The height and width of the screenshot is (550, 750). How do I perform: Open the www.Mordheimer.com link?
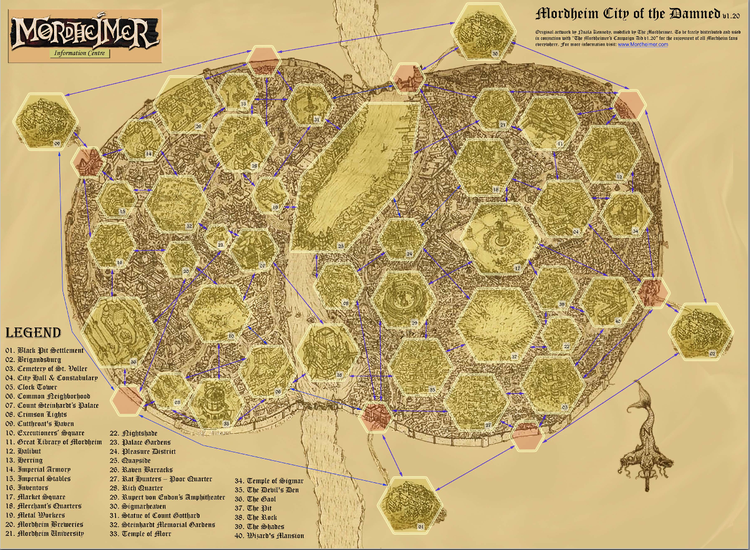643,45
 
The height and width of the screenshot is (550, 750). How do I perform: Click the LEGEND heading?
33,333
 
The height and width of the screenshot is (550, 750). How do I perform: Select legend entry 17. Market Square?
36,497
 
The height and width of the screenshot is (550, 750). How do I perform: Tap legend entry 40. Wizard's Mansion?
269,536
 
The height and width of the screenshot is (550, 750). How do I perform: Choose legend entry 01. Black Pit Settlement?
45,351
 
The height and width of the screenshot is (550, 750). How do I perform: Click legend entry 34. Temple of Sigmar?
269,481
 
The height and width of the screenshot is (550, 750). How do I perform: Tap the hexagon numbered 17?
499,239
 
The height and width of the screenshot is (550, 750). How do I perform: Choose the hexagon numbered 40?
608,302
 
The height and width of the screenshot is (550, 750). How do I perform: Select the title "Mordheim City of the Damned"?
628,14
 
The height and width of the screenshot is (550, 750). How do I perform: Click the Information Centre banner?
80,53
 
